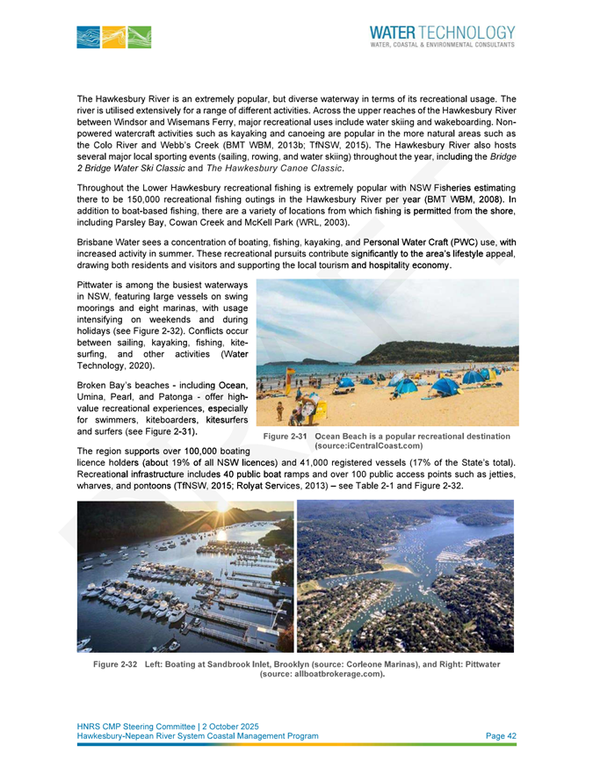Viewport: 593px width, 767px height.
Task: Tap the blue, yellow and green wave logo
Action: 113,36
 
